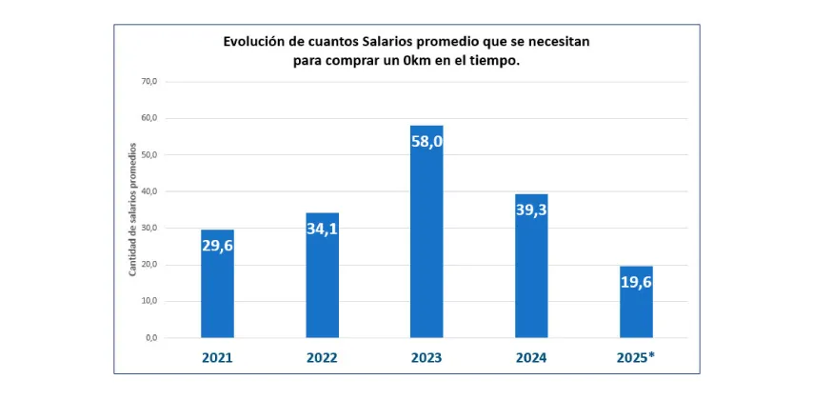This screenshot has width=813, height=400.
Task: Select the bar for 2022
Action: click(x=322, y=286)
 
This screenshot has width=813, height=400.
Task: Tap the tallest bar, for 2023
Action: click(x=426, y=248)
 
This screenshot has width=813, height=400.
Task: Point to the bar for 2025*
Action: click(x=636, y=314)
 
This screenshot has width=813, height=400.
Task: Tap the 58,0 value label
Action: click(x=426, y=141)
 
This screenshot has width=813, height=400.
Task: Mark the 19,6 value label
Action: click(x=636, y=281)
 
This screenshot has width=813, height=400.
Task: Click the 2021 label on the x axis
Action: click(x=217, y=359)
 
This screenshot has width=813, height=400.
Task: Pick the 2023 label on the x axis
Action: click(x=426, y=359)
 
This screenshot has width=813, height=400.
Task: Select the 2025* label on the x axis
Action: click(x=636, y=359)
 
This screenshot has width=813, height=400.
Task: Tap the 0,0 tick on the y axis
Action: click(x=150, y=338)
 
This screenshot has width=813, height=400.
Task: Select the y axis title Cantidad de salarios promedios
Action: click(x=132, y=210)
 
